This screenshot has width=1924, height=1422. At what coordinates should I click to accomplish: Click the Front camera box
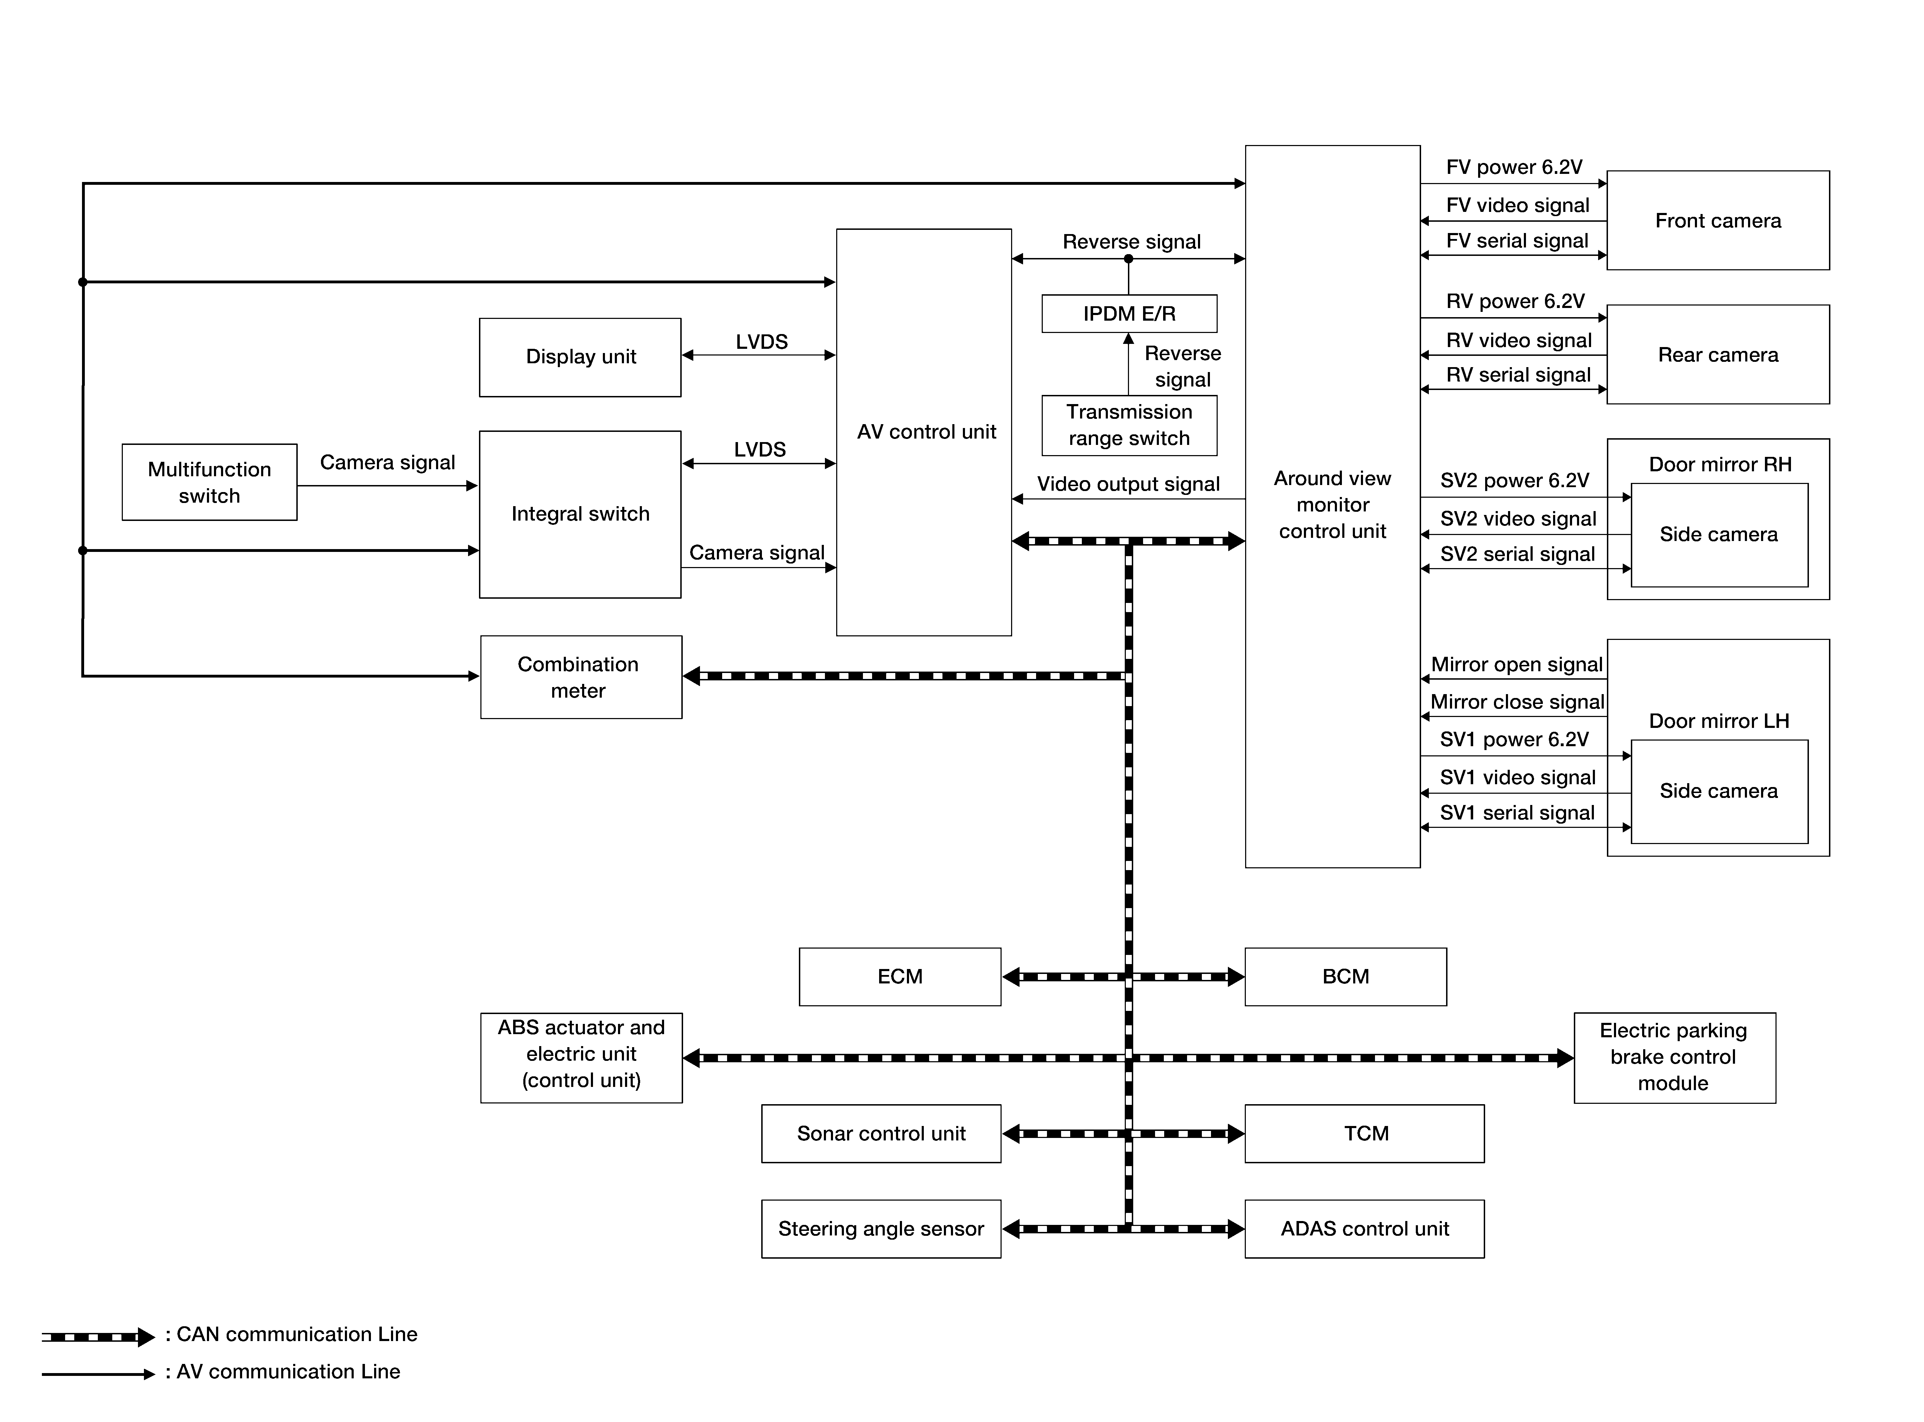click(1717, 220)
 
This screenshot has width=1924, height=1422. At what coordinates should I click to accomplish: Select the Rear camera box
click(1717, 355)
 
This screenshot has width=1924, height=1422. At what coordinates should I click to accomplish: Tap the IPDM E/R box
click(1129, 313)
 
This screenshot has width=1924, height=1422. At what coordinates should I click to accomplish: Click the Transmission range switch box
click(1129, 425)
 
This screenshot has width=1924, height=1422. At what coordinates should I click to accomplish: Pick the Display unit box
click(580, 357)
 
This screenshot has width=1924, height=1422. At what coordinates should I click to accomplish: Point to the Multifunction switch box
click(209, 482)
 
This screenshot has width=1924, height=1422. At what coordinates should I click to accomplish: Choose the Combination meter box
click(581, 678)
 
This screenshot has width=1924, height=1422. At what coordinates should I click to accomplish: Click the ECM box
click(900, 977)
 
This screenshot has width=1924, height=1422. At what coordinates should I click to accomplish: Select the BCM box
click(1346, 977)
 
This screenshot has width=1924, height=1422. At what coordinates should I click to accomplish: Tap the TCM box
click(1365, 1134)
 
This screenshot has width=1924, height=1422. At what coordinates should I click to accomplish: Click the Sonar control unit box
click(881, 1134)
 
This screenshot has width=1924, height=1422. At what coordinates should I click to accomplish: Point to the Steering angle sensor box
click(881, 1229)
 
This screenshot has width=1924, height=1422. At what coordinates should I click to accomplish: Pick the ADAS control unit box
click(1365, 1229)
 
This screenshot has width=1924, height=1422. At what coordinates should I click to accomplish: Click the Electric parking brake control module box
click(1674, 1058)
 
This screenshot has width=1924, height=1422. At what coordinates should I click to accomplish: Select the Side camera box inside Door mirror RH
click(1719, 535)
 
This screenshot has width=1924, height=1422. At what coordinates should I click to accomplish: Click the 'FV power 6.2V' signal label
click(1514, 167)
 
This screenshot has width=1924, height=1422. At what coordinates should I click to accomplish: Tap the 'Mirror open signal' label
click(1517, 665)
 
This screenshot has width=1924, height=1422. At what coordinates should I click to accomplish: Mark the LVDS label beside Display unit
click(762, 342)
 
